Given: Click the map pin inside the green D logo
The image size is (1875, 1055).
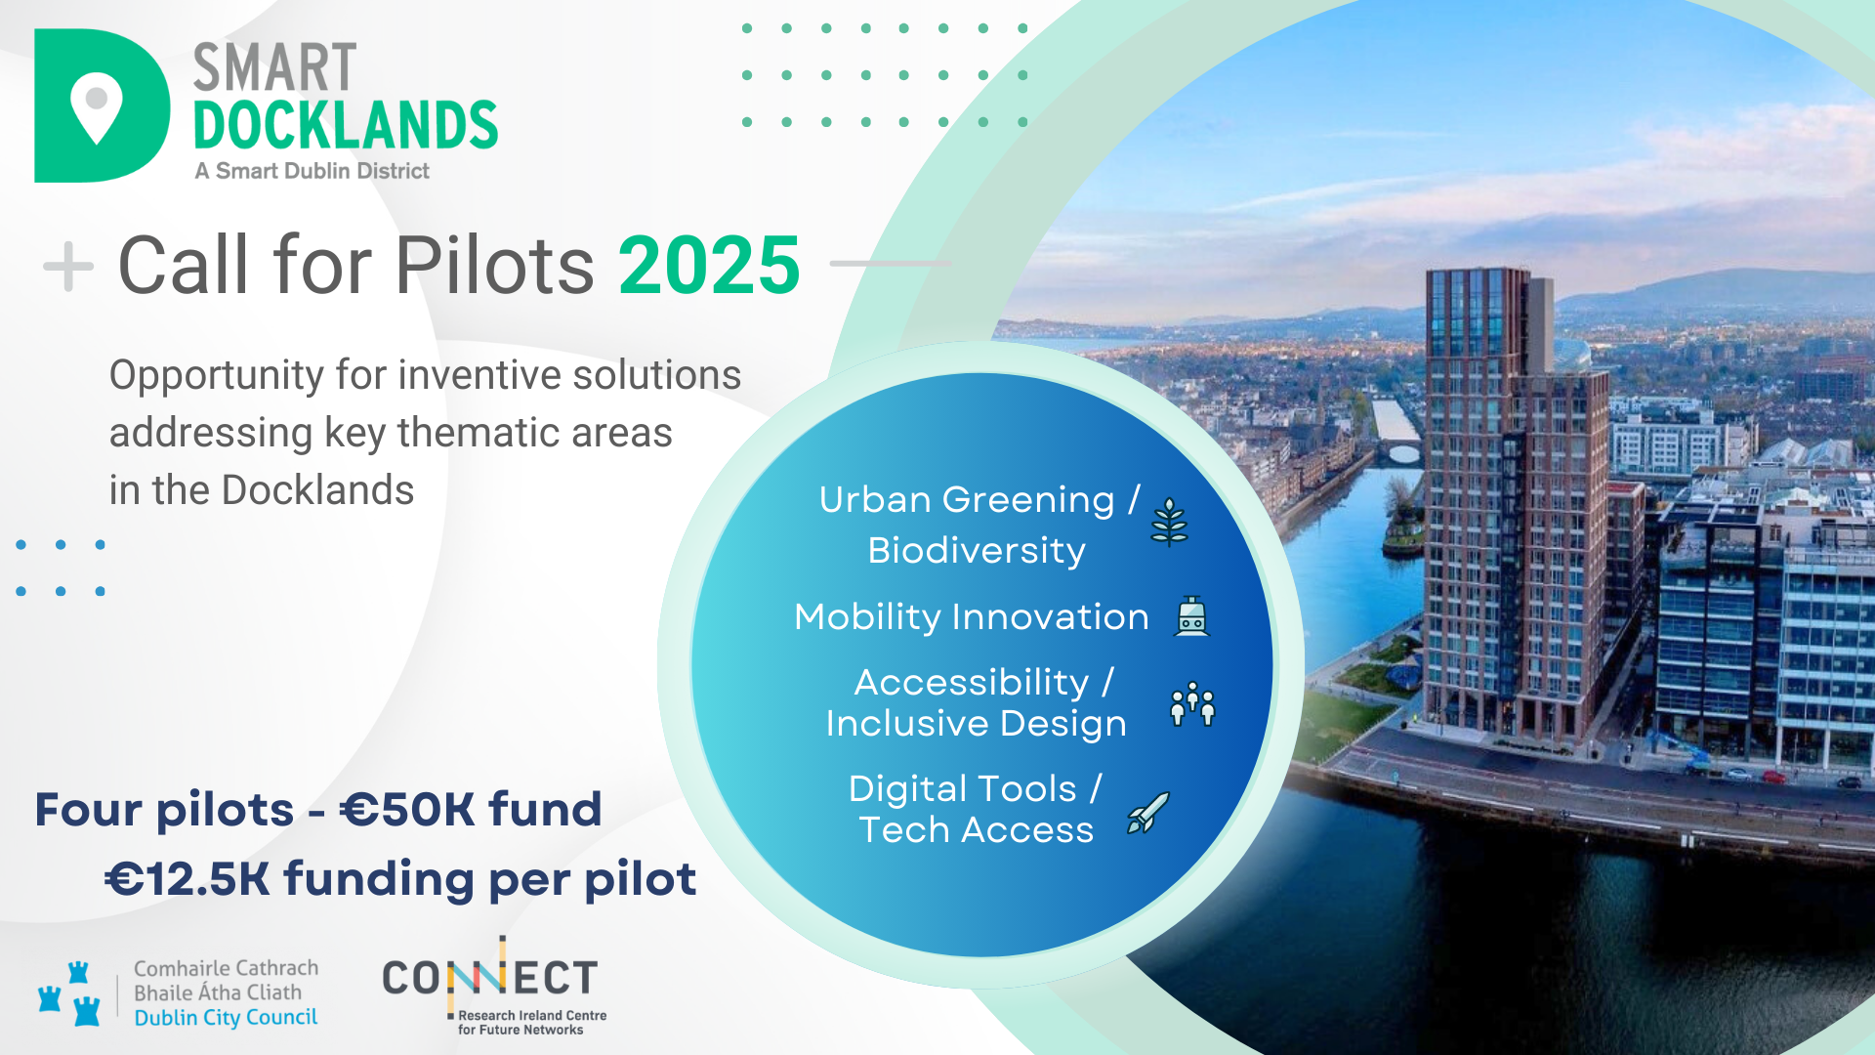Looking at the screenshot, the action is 97,107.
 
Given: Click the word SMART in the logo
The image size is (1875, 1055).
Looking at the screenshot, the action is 274,67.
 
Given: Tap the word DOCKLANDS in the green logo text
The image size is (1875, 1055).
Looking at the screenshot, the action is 346,125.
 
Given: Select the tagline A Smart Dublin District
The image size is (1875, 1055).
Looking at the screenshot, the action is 312,171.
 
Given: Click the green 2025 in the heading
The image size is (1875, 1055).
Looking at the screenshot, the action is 710,265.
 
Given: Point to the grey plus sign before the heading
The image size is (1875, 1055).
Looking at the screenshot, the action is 68,265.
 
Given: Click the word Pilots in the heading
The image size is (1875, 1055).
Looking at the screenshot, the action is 494,265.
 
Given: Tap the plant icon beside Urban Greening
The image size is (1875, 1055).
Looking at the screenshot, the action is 1169,522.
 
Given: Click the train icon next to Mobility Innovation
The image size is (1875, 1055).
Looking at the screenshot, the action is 1191,616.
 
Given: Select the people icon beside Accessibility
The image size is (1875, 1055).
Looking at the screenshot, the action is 1192,703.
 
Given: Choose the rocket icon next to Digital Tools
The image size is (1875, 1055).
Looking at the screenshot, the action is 1148,813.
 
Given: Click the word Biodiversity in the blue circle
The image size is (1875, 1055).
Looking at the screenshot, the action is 977,551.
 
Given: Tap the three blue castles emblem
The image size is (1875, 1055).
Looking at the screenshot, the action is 69,993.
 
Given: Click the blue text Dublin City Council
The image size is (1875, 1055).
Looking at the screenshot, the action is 226,1018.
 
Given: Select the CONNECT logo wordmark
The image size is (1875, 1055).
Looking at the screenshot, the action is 490,977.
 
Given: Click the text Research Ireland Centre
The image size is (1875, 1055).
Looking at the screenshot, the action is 532,1016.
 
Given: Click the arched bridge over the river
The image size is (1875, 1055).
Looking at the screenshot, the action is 1402,452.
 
